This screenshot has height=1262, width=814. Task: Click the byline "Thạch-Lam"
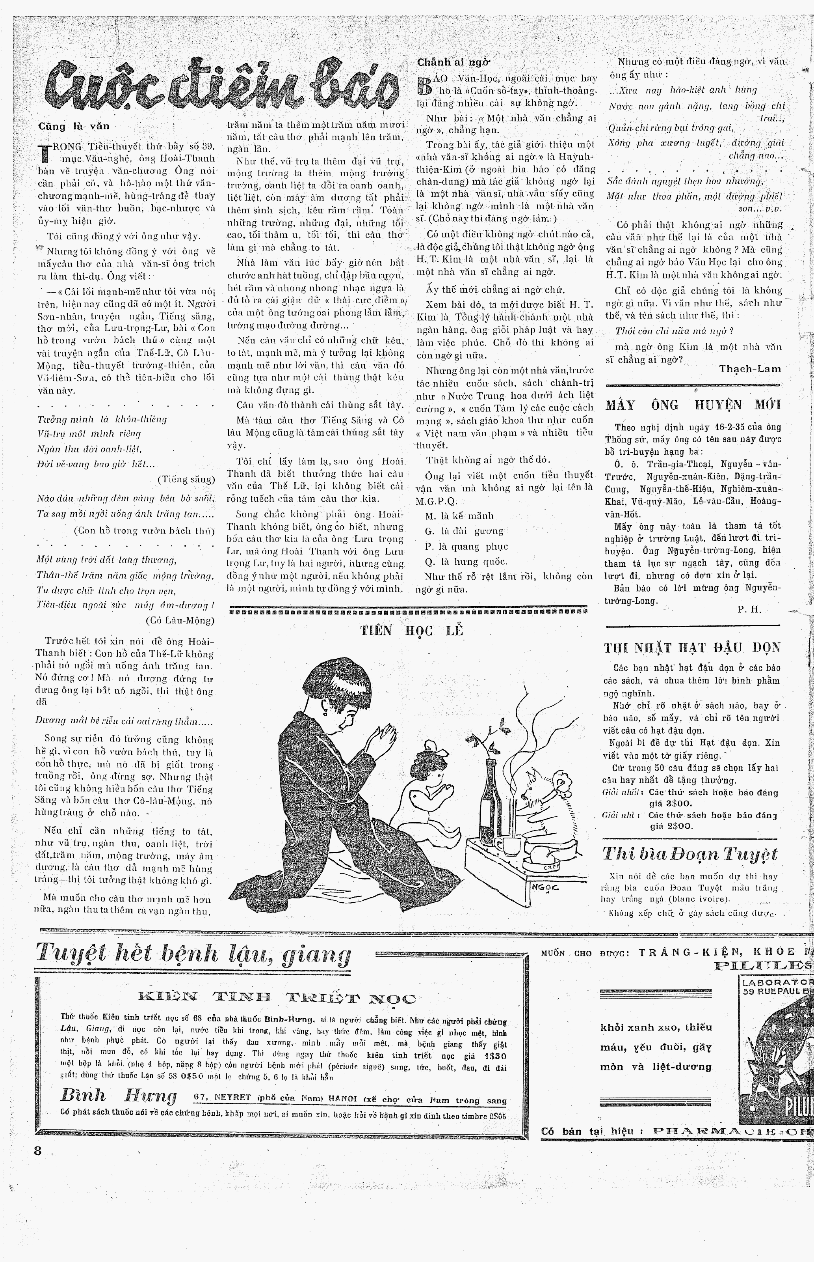(x=749, y=369)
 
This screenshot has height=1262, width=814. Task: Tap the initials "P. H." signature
(x=749, y=609)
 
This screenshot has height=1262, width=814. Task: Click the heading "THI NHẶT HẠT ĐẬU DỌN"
(x=692, y=648)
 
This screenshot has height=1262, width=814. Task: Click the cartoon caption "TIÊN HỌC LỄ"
(x=411, y=631)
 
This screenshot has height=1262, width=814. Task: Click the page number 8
(x=37, y=1150)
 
